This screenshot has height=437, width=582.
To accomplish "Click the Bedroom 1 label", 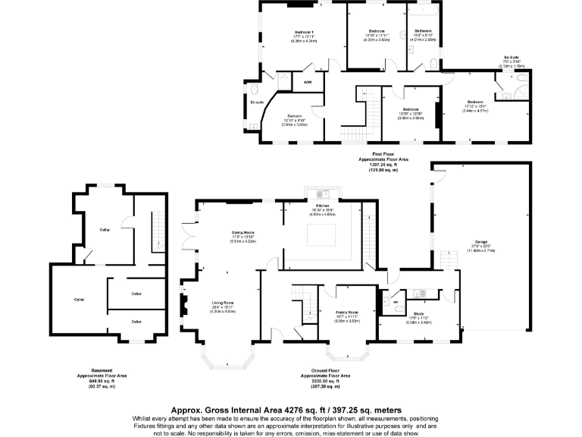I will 304,32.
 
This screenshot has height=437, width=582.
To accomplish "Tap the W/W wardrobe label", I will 308,82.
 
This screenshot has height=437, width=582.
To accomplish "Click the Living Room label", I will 224,303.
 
